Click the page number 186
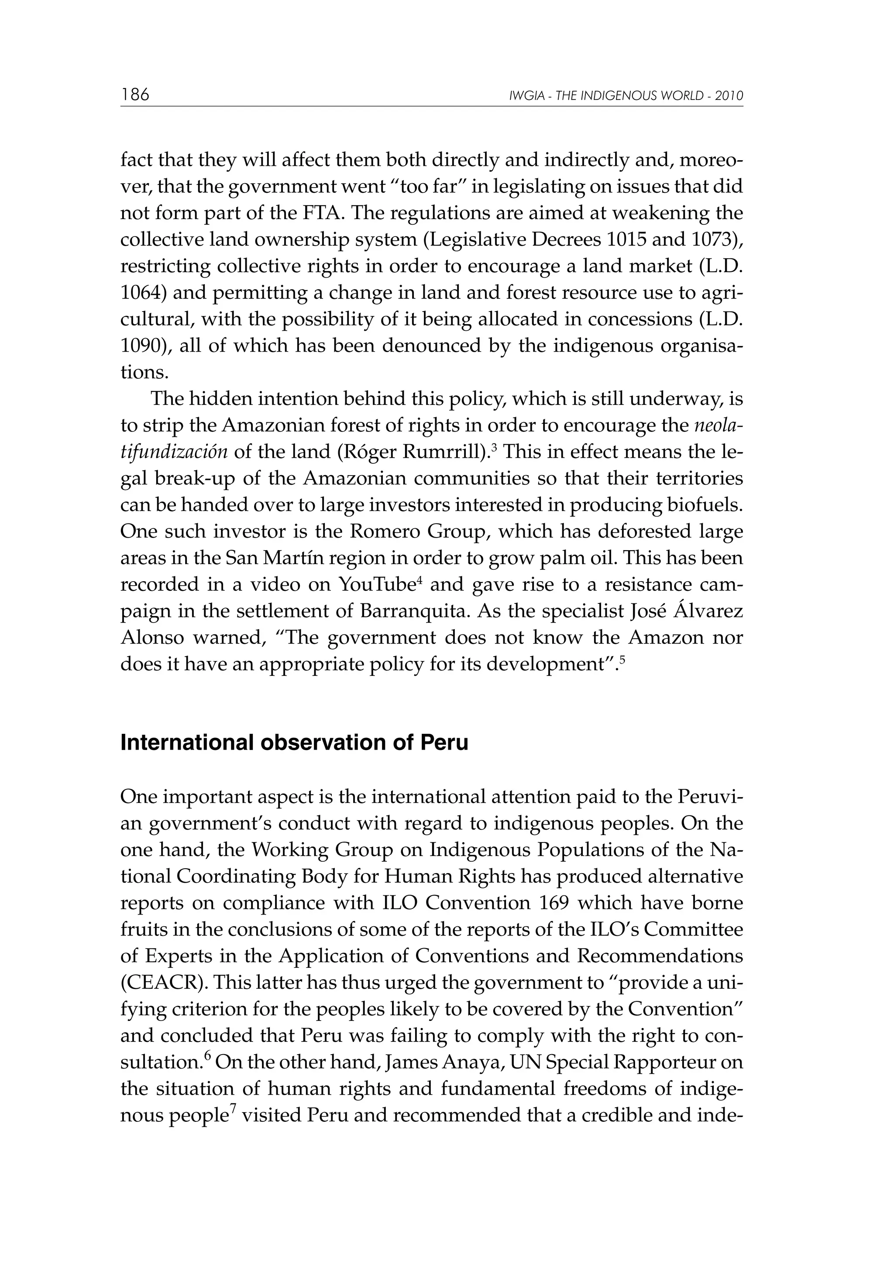pos(135,95)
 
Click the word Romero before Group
pos(383,532)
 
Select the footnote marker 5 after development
pos(622,658)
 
